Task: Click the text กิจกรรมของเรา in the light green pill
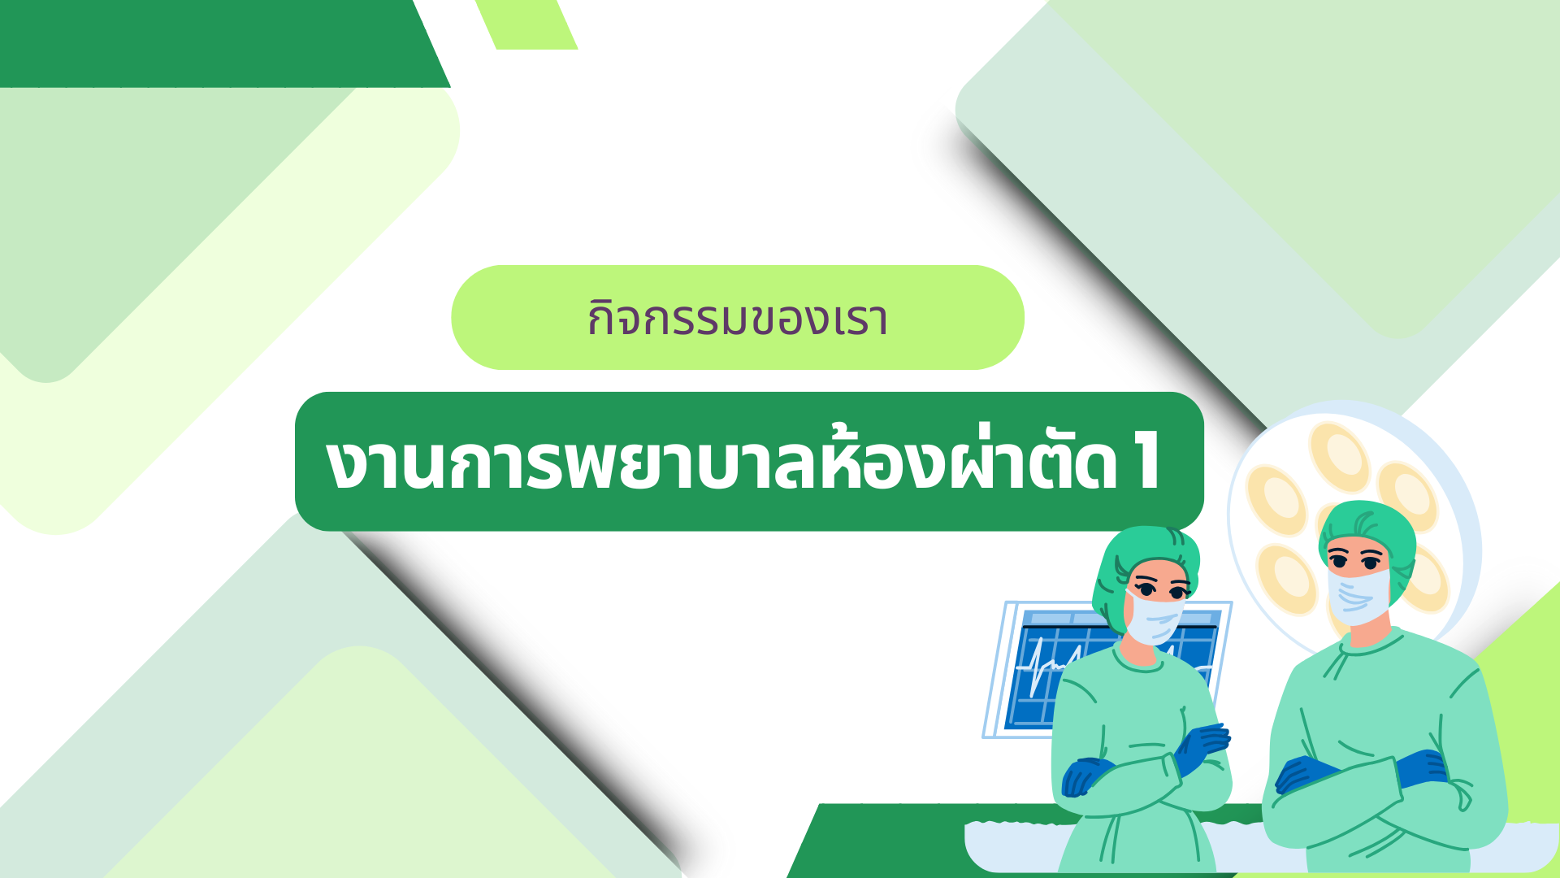pos(738,318)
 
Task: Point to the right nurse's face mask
pos(1359,596)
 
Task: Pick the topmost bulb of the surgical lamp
pos(1339,457)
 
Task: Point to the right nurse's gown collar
pos(1373,642)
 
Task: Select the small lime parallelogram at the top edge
pos(526,24)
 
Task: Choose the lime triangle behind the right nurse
pos(1519,715)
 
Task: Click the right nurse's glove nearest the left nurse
pos(1304,773)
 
